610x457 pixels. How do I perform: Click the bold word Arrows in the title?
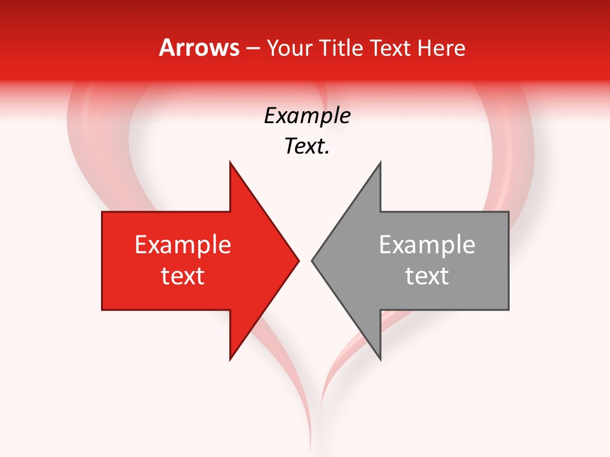click(x=199, y=48)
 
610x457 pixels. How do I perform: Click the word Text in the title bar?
click(x=390, y=48)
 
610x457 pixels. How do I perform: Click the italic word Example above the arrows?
click(x=307, y=116)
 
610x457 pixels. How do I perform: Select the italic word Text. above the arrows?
click(x=307, y=147)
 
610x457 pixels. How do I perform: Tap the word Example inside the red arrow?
click(x=183, y=245)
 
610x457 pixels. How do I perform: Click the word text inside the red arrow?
click(x=183, y=276)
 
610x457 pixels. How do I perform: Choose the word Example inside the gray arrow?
click(x=427, y=245)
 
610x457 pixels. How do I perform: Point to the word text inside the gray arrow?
click(x=427, y=276)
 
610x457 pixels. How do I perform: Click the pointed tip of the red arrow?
click(x=299, y=260)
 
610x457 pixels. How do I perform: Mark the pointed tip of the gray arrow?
click(x=312, y=260)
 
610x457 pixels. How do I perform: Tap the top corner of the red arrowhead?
click(x=230, y=162)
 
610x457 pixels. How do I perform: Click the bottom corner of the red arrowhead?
click(x=230, y=359)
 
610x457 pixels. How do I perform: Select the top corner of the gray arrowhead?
click(x=380, y=162)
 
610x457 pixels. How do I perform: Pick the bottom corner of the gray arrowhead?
click(x=380, y=359)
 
